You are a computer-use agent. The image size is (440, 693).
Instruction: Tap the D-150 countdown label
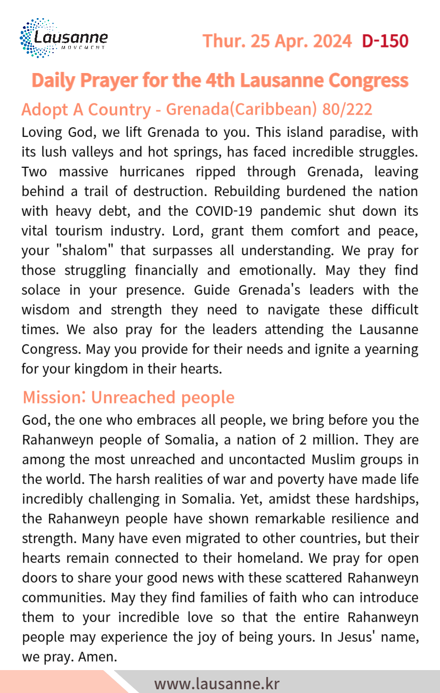click(x=385, y=41)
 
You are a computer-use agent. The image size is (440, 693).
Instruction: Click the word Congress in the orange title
click(x=368, y=80)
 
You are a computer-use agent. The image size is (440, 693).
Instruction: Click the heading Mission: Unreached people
click(x=128, y=398)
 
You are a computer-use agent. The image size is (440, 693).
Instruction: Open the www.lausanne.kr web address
click(x=217, y=683)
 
